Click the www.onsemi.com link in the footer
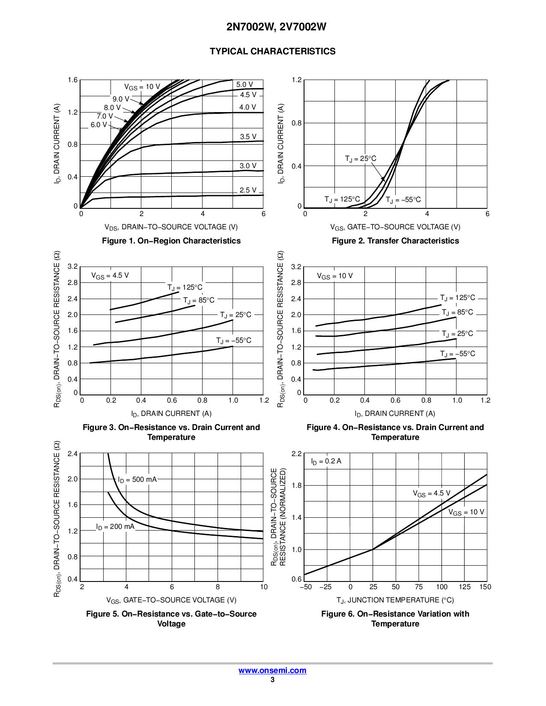tap(272, 670)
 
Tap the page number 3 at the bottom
tap(272, 679)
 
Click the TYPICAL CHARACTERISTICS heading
tap(272, 51)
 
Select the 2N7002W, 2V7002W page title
tap(276, 27)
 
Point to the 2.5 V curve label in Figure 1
tap(248, 190)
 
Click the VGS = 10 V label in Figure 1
tap(142, 87)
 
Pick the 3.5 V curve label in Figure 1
tap(248, 137)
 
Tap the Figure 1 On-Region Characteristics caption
tap(171, 241)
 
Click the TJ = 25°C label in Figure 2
tap(361, 159)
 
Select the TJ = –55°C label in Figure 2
tap(403, 200)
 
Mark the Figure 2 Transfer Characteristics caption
tap(395, 241)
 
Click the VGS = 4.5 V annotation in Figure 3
tap(110, 276)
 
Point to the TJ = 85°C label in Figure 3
tap(199, 300)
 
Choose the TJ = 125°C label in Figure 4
tap(457, 298)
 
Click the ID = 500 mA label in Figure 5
tap(137, 480)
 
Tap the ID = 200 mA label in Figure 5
tap(115, 527)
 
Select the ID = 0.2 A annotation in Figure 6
tap(326, 461)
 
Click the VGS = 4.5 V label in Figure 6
tap(432, 493)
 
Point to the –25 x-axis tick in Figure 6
tap(325, 587)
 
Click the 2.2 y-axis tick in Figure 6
tap(297, 453)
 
